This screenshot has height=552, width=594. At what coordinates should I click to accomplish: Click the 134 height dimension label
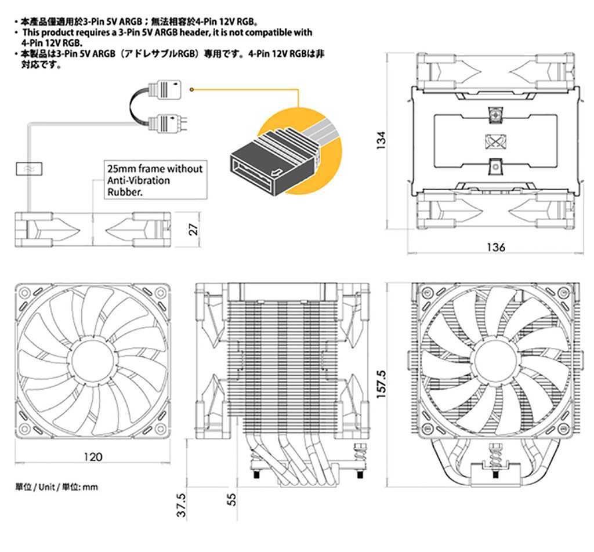pyautogui.click(x=381, y=140)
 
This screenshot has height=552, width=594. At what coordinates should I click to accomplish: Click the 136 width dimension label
pyautogui.click(x=496, y=247)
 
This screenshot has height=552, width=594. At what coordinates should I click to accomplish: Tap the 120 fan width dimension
pyautogui.click(x=93, y=456)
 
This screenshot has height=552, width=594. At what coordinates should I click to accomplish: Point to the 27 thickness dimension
pyautogui.click(x=194, y=228)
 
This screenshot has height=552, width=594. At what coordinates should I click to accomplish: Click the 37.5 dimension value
pyautogui.click(x=181, y=504)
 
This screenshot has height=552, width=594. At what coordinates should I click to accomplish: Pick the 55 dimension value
pyautogui.click(x=232, y=499)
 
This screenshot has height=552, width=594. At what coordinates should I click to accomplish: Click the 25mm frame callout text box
pyautogui.click(x=155, y=180)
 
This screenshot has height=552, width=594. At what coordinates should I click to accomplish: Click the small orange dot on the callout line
pyautogui.click(x=191, y=90)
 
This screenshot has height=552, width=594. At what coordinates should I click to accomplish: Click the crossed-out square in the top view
pyautogui.click(x=494, y=141)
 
